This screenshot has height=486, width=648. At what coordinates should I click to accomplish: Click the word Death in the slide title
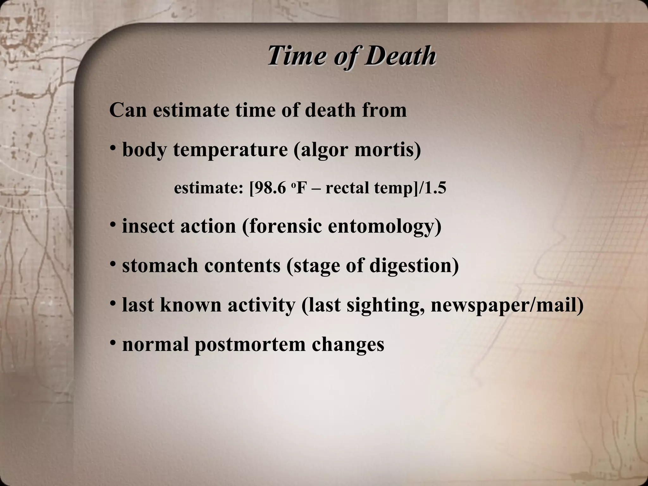click(x=400, y=56)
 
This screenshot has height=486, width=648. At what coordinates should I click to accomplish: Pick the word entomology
click(x=384, y=227)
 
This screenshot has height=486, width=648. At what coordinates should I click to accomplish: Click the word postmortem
click(x=250, y=344)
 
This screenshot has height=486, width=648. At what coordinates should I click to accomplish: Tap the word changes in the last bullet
click(x=348, y=344)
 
